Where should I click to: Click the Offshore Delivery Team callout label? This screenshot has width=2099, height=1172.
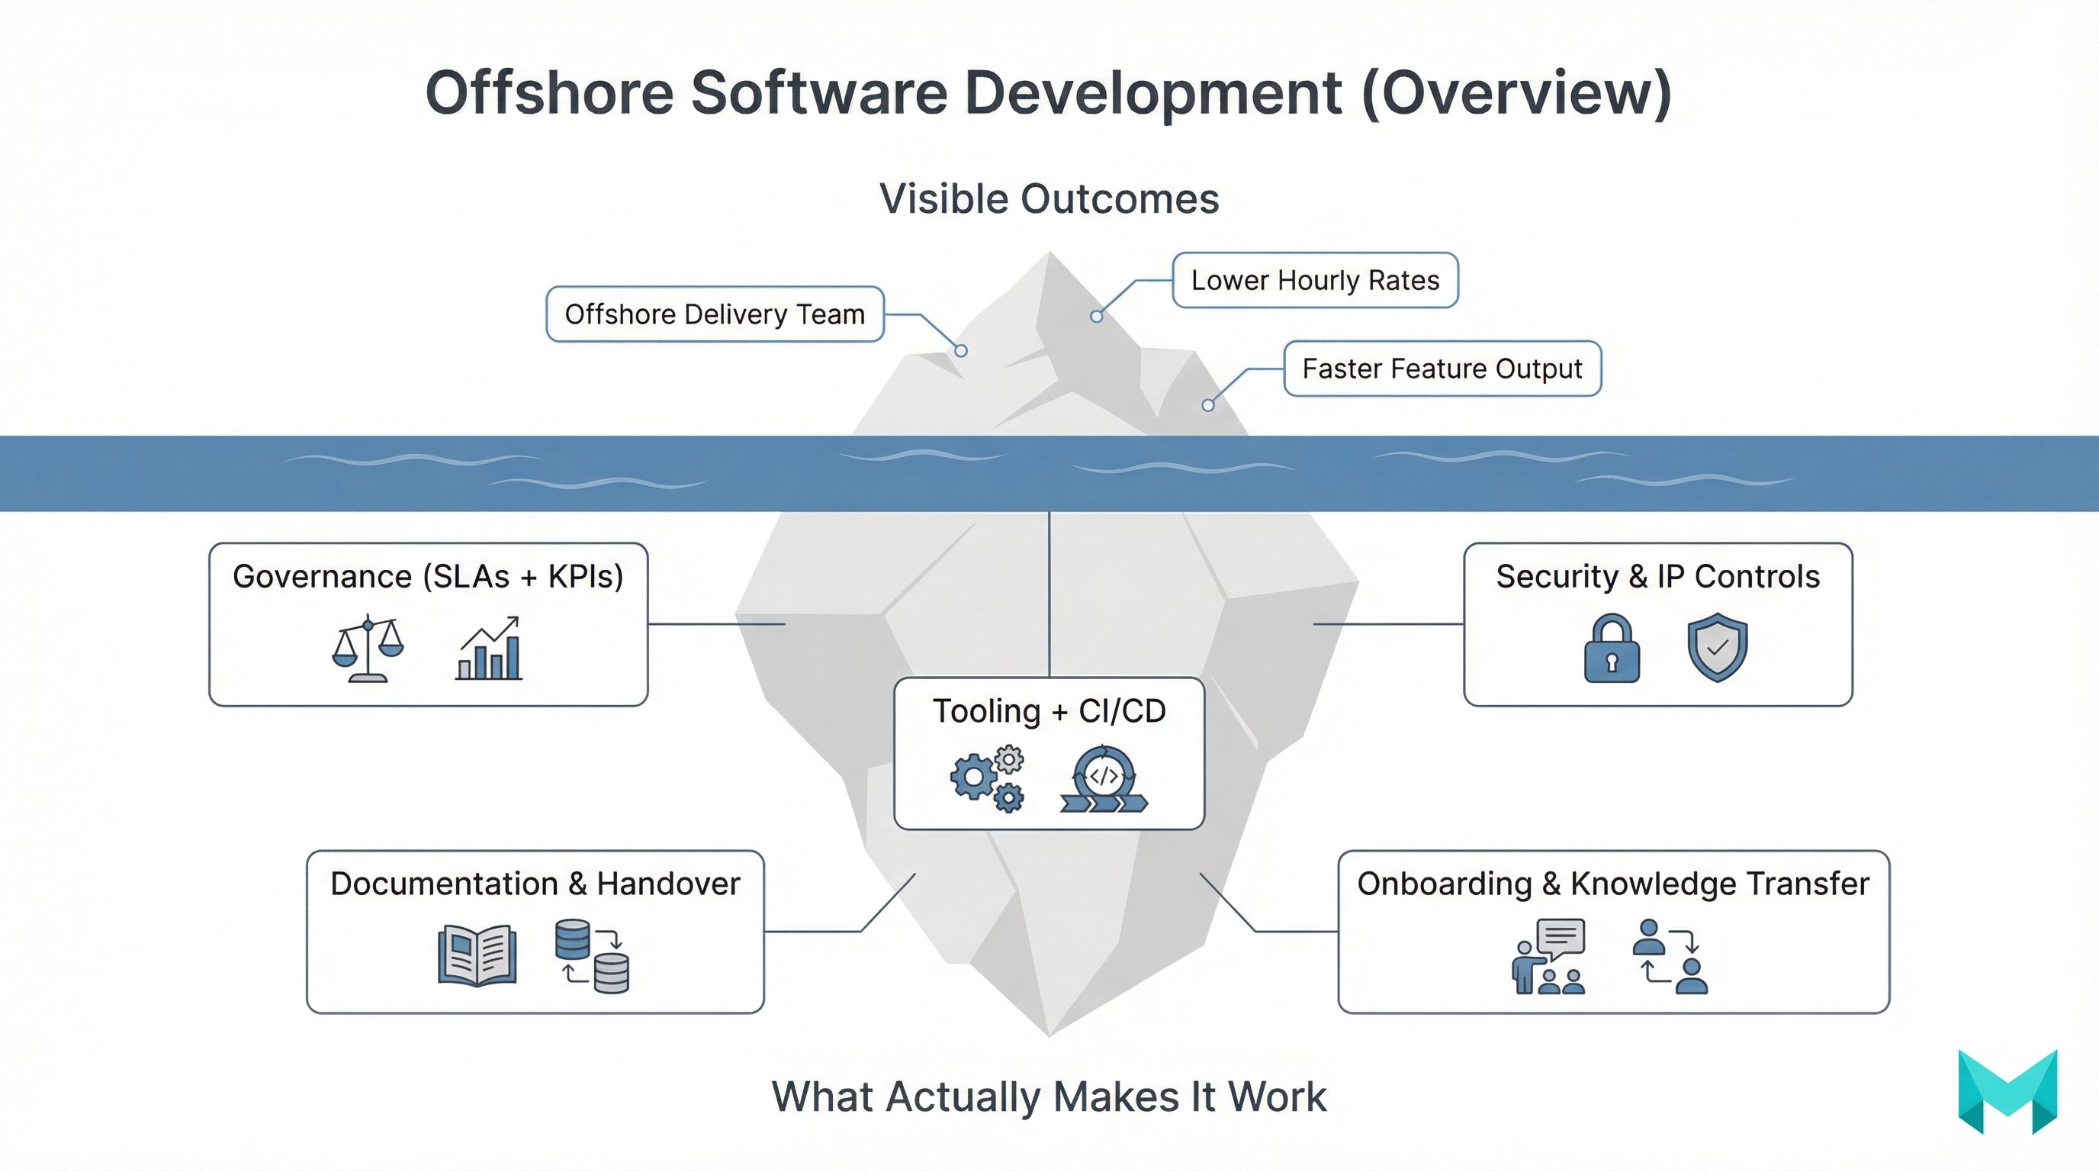click(715, 314)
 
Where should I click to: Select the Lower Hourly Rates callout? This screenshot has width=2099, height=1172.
click(1314, 280)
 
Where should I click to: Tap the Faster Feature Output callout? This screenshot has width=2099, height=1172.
click(1442, 369)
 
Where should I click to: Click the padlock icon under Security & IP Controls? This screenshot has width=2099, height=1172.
click(1611, 649)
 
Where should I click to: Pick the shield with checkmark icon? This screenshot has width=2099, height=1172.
click(1717, 647)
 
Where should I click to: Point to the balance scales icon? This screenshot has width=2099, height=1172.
click(368, 649)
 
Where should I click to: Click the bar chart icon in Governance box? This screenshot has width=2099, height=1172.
click(489, 649)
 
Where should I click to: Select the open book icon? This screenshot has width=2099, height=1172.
click(477, 955)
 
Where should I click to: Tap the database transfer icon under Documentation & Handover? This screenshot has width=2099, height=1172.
click(592, 956)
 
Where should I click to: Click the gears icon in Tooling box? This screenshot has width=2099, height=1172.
click(988, 778)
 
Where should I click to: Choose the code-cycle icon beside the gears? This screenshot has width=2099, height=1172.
click(1104, 779)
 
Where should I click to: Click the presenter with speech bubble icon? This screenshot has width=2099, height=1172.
click(1548, 956)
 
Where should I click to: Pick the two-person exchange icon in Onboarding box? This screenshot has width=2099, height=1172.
click(1670, 956)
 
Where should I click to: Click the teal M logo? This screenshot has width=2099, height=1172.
click(2007, 1091)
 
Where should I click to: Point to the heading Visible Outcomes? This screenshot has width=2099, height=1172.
click(1049, 199)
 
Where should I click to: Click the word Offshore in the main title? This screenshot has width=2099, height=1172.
click(549, 93)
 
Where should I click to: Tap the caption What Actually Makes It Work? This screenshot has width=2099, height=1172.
click(1049, 1097)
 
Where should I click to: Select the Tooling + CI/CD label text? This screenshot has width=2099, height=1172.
click(1049, 711)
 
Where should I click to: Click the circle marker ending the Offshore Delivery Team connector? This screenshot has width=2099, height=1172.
click(962, 350)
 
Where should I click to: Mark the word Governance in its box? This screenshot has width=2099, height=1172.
click(323, 577)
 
